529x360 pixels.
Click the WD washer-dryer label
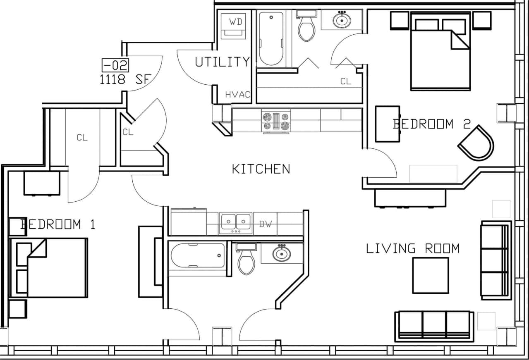tap(236, 22)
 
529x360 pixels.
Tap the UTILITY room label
tap(223, 62)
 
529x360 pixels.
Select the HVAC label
tap(238, 95)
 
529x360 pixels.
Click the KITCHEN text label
tap(261, 169)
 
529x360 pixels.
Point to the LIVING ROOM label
tap(412, 248)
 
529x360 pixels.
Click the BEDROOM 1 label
tap(57, 224)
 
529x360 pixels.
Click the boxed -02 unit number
tap(115, 65)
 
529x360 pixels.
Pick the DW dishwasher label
tap(266, 224)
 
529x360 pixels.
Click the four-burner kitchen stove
tap(276, 121)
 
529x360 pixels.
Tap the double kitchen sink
tap(236, 223)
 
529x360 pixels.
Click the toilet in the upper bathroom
tap(306, 27)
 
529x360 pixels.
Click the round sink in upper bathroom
tap(342, 19)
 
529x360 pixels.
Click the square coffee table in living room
tap(431, 275)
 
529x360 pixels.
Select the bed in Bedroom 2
tap(440, 52)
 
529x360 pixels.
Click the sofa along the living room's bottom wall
tap(434, 326)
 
